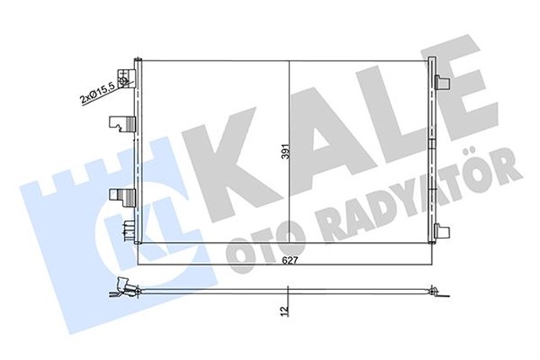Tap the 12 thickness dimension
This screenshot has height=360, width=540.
(x=288, y=311)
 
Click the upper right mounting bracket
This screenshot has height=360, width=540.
(x=443, y=82)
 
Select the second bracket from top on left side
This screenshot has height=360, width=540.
(x=124, y=123)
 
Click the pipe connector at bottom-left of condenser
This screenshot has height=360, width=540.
(x=127, y=228)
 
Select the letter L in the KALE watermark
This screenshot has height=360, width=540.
(x=405, y=143)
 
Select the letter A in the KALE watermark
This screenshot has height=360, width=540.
(x=325, y=152)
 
